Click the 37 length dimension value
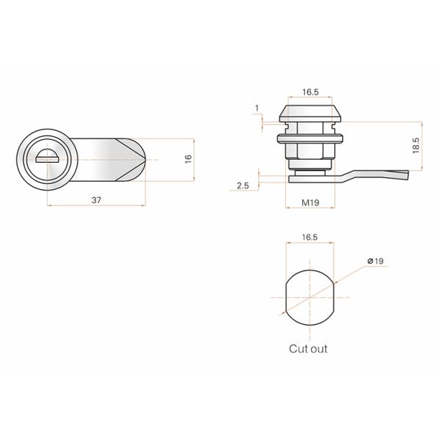[x=95, y=199]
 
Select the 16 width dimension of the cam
[x=188, y=158]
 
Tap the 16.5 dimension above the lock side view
[x=309, y=92]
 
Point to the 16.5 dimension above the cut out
[x=309, y=238]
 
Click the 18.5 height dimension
[x=416, y=145]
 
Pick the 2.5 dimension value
[x=243, y=186]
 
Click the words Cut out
[x=308, y=349]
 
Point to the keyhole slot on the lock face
[x=48, y=155]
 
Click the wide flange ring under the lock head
[x=309, y=136]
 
